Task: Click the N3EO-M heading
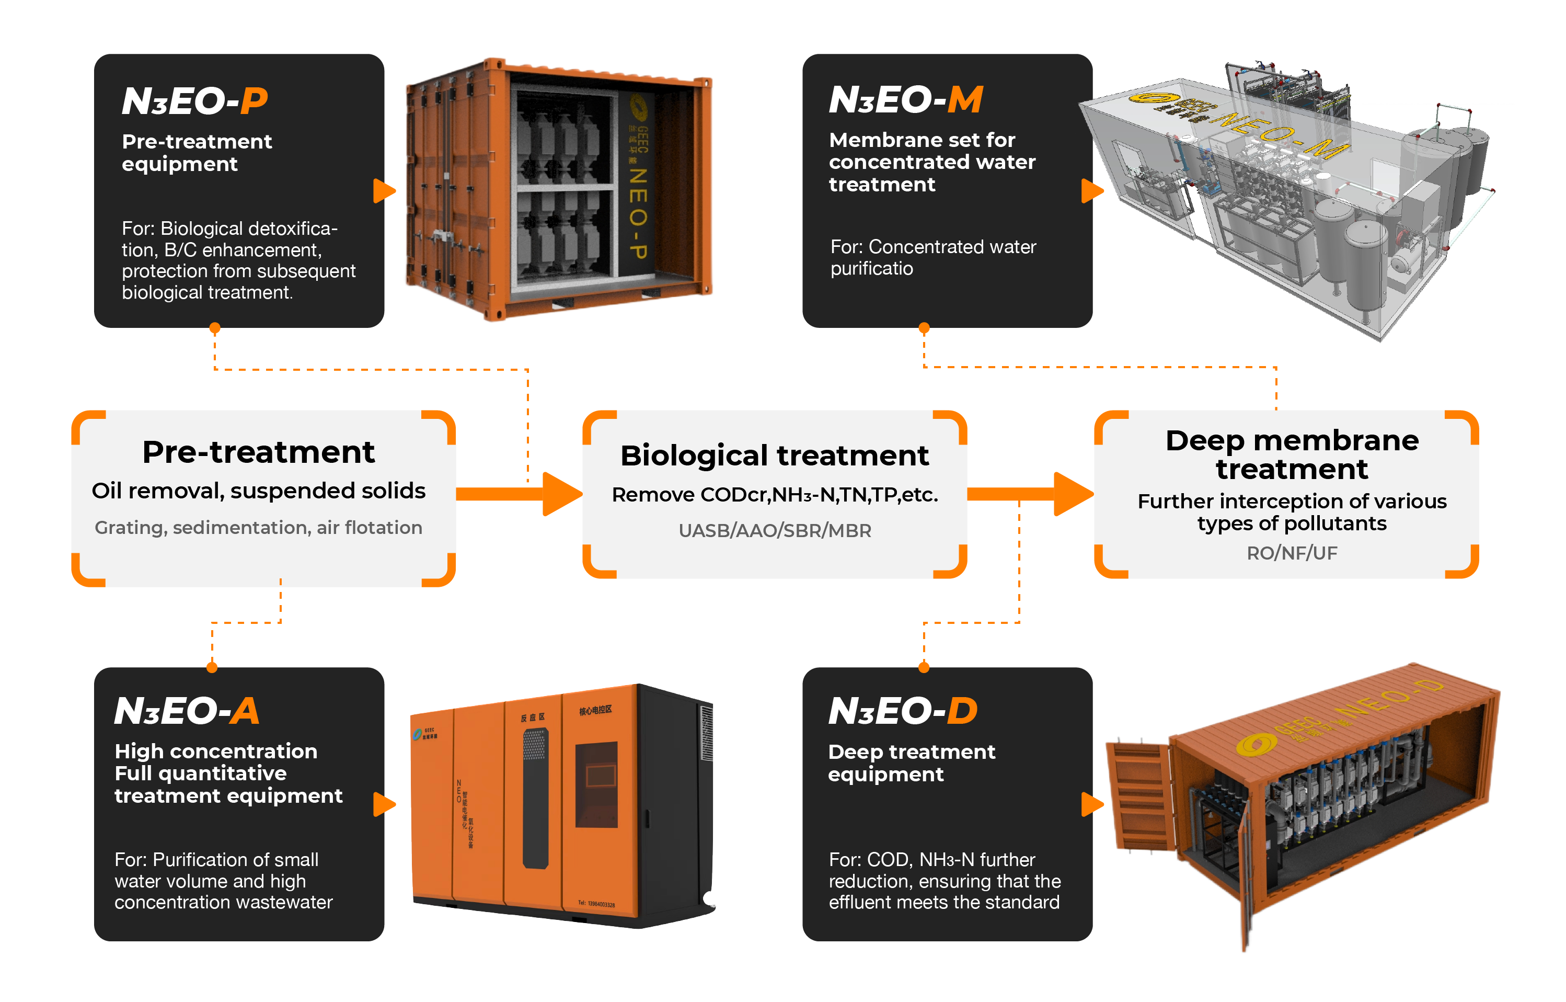[x=905, y=100]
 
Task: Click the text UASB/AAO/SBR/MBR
[x=775, y=530]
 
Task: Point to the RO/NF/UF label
[x=1292, y=553]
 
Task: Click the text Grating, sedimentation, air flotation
[x=258, y=527]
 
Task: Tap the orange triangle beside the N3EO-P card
[x=384, y=191]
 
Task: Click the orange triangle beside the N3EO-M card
[x=1092, y=191]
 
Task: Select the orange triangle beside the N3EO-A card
[x=384, y=804]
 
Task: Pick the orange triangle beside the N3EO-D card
[x=1092, y=804]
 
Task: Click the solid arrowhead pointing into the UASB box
[x=560, y=494]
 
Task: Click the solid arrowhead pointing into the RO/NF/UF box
[x=1072, y=494]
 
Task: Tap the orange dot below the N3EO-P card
[x=215, y=328]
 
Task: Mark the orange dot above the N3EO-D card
[x=924, y=667]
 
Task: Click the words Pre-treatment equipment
[x=197, y=152]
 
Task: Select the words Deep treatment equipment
[x=911, y=762]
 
